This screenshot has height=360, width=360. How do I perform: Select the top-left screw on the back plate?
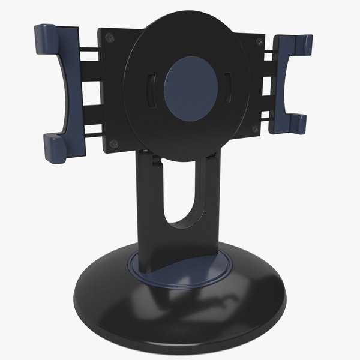[109, 38]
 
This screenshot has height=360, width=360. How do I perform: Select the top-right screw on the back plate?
[259, 41]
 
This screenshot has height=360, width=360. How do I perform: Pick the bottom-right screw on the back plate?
[256, 129]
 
